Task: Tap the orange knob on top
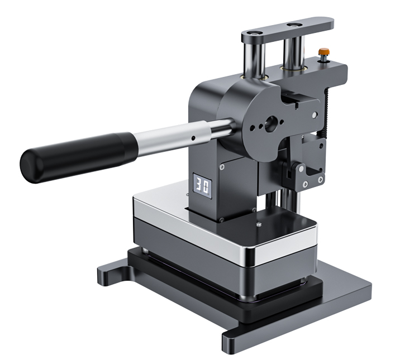323,52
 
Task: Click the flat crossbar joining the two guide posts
287,29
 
